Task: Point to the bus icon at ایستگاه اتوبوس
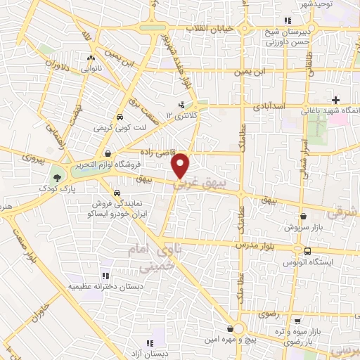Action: (x=307, y=251)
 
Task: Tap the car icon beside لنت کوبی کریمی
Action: (x=120, y=117)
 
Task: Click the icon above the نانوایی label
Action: (x=90, y=59)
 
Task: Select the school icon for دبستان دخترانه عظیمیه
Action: (x=105, y=275)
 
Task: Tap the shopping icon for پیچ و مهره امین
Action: (x=231, y=328)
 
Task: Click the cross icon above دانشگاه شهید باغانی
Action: (x=336, y=99)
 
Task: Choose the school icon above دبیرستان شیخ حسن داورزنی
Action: (x=286, y=20)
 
